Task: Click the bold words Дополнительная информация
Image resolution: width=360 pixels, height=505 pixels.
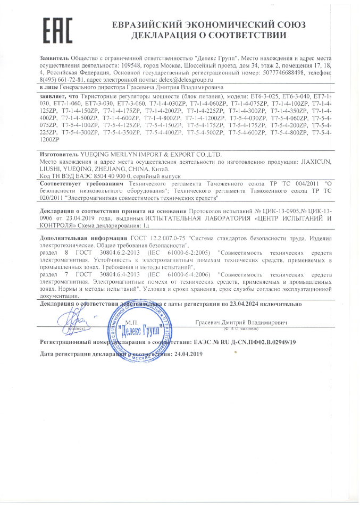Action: point(83,239)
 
